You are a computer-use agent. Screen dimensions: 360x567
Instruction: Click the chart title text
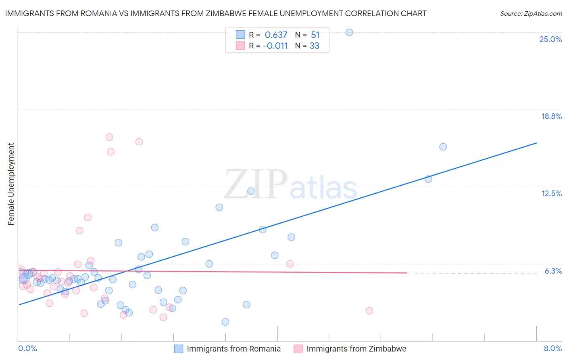click(x=216, y=13)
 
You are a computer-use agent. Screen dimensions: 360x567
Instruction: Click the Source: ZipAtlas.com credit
click(x=531, y=13)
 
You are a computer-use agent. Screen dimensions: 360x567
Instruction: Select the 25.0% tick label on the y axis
click(x=550, y=39)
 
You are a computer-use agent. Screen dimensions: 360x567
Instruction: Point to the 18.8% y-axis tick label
click(x=551, y=116)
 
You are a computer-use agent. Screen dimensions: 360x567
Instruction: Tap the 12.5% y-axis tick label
click(x=551, y=193)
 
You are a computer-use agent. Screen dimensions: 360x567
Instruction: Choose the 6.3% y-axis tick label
click(x=553, y=271)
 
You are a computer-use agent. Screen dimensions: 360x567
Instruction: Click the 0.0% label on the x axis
click(x=27, y=348)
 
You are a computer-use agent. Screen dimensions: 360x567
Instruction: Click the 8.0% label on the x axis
click(x=552, y=348)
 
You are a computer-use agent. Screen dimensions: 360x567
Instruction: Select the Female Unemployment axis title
click(x=11, y=184)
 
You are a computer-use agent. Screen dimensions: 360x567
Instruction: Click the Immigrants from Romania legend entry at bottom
click(x=228, y=349)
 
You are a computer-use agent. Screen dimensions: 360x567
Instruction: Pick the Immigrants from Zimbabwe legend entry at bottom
click(x=350, y=349)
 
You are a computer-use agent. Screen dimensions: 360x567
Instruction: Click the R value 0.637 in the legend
click(x=276, y=35)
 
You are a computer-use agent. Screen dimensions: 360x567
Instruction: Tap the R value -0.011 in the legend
click(x=275, y=46)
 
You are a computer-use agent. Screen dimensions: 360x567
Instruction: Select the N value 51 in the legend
click(x=315, y=35)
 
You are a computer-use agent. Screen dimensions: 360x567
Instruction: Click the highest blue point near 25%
click(x=349, y=32)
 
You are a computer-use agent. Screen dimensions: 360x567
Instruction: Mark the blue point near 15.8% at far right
click(x=443, y=147)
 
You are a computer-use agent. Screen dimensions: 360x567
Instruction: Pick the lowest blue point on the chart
click(x=225, y=322)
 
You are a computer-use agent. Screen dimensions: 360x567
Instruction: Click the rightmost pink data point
click(x=369, y=311)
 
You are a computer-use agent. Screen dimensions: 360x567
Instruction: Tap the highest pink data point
click(x=109, y=137)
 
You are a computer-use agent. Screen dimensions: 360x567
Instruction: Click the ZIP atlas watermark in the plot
click(x=290, y=184)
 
